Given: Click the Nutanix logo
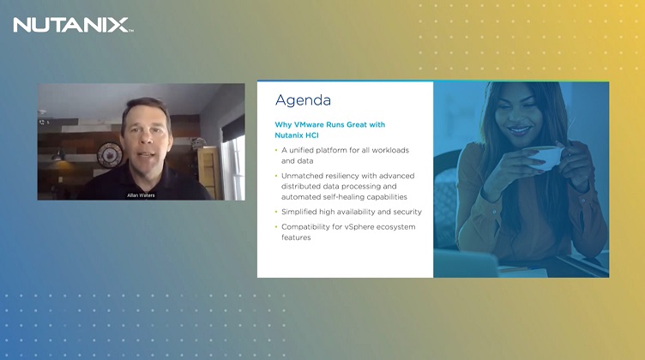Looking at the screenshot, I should point(72,24).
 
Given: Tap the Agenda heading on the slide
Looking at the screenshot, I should point(303,99).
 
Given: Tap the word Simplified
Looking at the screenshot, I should point(300,211).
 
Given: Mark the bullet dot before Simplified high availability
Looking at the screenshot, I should point(276,211).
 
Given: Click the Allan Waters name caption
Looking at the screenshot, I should point(141,195).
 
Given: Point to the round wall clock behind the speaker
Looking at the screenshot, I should point(109,155).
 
